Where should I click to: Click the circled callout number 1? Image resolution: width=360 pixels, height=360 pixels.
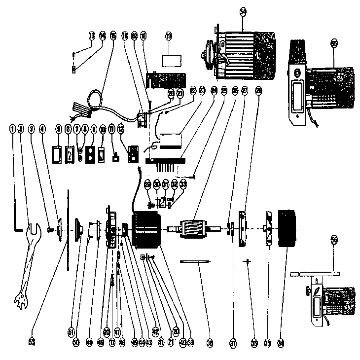click(12, 129)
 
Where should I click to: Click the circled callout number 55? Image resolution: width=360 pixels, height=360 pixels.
click(334, 44)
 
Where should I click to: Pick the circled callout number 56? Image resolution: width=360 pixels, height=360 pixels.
click(334, 240)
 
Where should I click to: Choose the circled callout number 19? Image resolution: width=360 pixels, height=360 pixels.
click(169, 36)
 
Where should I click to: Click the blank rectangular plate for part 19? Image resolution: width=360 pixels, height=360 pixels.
click(170, 61)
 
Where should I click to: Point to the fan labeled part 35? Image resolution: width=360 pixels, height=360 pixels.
click(269, 229)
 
